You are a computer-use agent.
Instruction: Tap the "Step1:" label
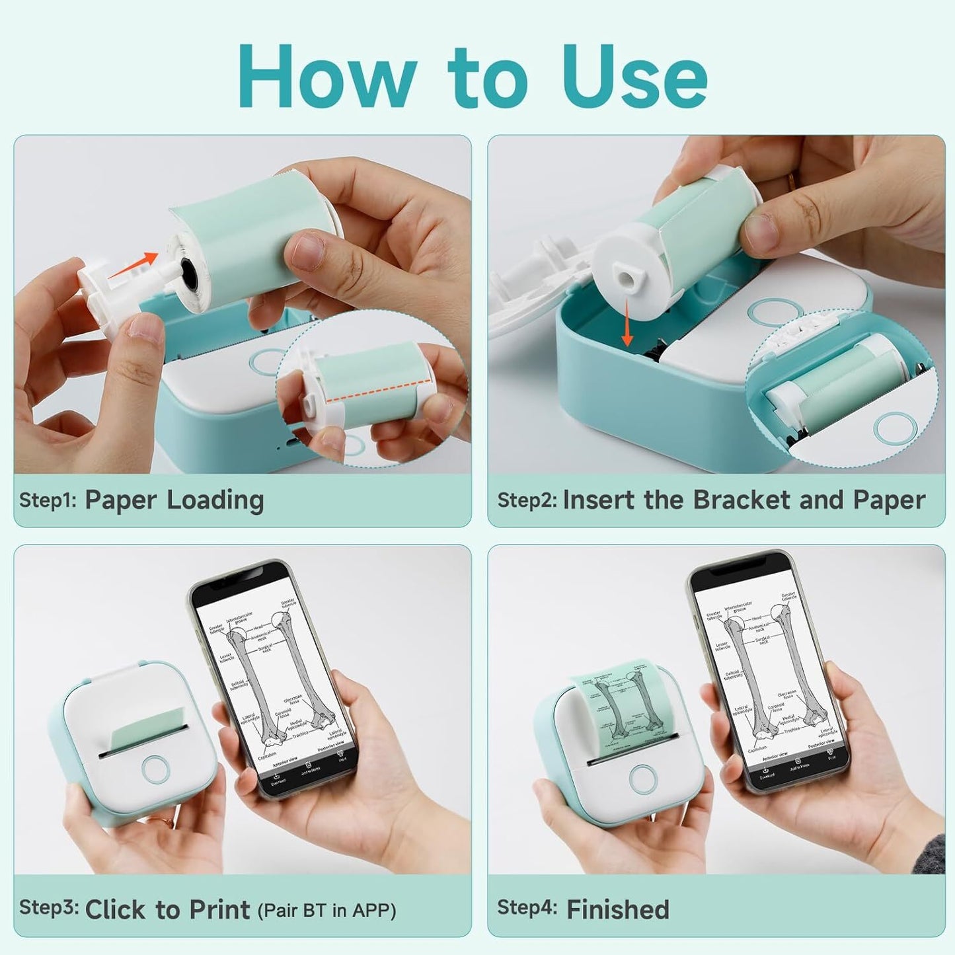(48, 500)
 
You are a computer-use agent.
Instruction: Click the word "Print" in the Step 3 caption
(219, 909)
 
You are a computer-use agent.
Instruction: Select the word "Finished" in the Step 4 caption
(618, 909)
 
